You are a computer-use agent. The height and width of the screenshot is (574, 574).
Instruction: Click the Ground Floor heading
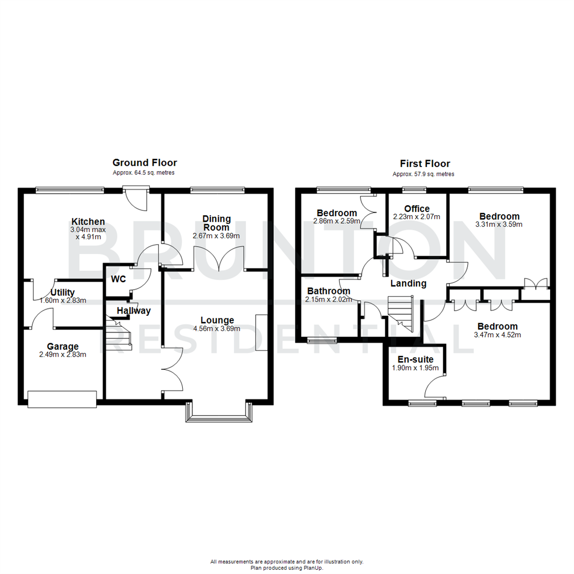click(145, 163)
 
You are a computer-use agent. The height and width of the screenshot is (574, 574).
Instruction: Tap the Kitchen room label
click(88, 222)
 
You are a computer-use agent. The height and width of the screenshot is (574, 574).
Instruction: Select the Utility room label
click(63, 292)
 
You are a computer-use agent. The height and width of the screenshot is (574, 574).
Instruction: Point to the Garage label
click(62, 347)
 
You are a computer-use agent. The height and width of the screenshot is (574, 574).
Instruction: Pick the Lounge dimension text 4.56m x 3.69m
click(217, 328)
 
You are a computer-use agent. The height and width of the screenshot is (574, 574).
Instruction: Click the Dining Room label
click(216, 223)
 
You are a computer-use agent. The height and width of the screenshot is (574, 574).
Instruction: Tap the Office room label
click(417, 208)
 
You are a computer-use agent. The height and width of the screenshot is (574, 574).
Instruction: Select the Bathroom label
click(328, 291)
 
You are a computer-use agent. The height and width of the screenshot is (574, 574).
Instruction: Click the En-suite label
click(412, 360)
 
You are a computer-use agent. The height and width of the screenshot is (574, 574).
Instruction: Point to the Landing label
click(409, 283)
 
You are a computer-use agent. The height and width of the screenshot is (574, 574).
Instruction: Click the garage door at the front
click(62, 399)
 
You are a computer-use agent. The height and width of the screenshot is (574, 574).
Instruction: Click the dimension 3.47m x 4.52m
click(497, 335)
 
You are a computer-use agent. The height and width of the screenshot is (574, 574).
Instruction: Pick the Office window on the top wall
click(414, 189)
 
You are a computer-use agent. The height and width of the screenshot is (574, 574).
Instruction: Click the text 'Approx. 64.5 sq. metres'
click(143, 173)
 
